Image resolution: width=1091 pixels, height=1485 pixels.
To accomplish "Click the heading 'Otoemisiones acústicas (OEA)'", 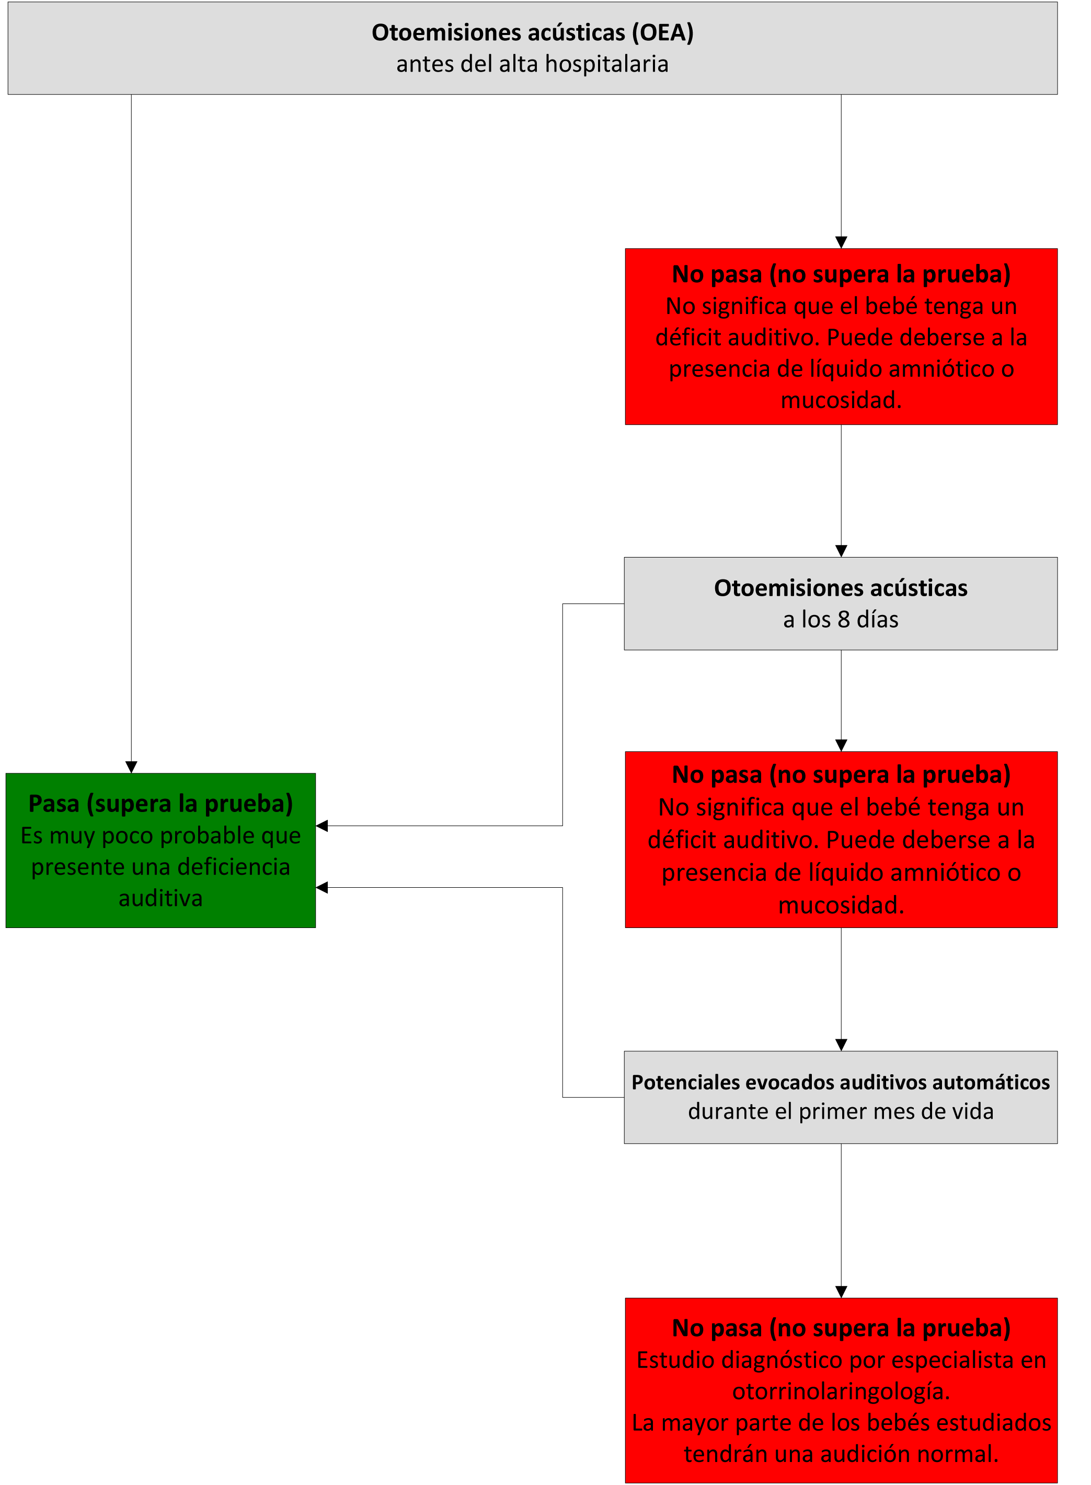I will click(x=532, y=32).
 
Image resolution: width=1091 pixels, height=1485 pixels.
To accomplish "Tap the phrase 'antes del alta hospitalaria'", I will click(x=532, y=64).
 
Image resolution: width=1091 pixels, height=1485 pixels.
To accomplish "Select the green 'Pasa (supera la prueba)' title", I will click(x=160, y=803).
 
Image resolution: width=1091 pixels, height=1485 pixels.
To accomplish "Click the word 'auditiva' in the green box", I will click(x=160, y=898).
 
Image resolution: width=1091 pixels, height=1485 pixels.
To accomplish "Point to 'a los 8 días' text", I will click(x=841, y=619).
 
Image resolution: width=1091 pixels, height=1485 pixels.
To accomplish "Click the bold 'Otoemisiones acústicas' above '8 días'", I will click(x=841, y=587).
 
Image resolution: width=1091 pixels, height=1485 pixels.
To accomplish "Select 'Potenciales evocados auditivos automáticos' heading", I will click(x=841, y=1083).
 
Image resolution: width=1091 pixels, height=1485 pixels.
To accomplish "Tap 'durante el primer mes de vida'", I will click(x=841, y=1111).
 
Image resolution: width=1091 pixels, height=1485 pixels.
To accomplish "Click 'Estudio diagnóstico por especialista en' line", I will click(x=841, y=1360).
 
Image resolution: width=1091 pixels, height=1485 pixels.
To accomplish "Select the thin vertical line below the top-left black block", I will click(x=131, y=462).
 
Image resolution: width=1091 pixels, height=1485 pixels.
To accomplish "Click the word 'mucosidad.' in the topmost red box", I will click(x=841, y=400).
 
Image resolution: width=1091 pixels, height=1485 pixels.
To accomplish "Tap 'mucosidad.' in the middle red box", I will click(x=841, y=905).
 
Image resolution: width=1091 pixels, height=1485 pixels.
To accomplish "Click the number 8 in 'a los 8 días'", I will click(x=843, y=619).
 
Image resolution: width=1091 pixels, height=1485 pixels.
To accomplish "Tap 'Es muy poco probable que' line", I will click(x=160, y=835).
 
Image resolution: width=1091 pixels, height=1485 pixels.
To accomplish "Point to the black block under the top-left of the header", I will click(x=100, y=140).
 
